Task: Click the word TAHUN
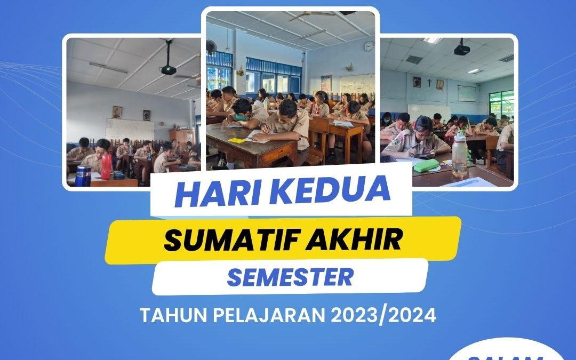point(173,315)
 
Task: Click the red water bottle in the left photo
point(106,166)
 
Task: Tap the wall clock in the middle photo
point(369,46)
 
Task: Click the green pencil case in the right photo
point(426,166)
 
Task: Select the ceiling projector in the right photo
point(461,49)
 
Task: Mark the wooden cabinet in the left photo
point(182,138)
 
